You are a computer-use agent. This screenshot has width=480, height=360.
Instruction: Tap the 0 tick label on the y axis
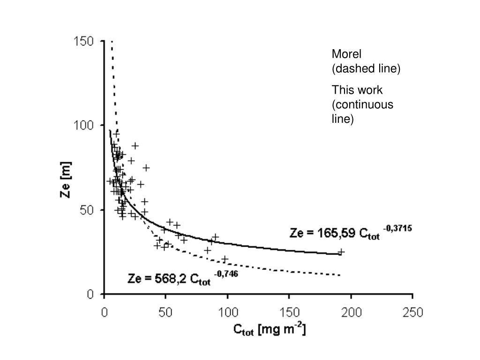click(90, 294)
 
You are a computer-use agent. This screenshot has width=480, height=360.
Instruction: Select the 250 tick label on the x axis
click(412, 312)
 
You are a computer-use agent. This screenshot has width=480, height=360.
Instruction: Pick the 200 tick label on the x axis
click(351, 312)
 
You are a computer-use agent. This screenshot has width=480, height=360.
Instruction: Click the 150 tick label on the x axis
click(289, 312)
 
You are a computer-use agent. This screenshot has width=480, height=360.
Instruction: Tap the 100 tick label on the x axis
click(227, 312)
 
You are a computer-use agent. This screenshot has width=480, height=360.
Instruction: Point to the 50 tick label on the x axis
click(165, 312)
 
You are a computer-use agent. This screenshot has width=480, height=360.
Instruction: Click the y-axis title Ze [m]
click(67, 180)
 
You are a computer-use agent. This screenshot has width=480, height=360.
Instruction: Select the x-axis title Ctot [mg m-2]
click(270, 330)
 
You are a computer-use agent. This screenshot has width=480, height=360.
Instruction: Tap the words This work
click(357, 90)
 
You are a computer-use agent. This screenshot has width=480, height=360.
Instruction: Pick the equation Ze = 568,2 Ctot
click(170, 279)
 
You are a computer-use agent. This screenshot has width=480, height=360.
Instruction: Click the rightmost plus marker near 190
click(341, 252)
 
